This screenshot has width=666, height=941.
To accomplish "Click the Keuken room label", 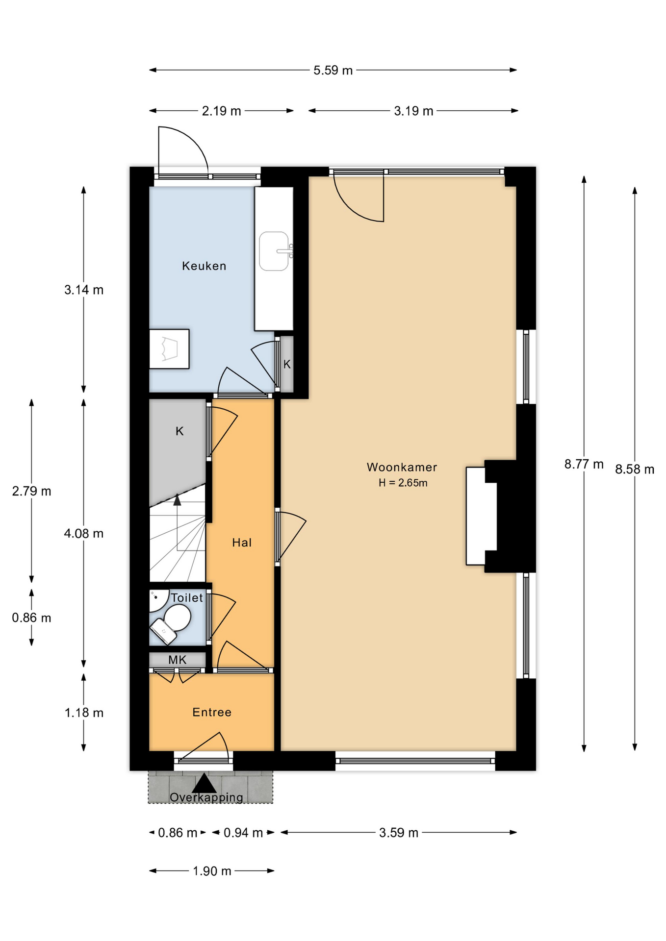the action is click(x=204, y=266).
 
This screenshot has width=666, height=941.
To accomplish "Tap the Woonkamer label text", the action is click(x=402, y=467).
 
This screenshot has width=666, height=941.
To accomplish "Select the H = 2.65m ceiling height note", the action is click(x=403, y=483).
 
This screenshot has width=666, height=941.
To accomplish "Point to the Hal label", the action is click(x=242, y=543).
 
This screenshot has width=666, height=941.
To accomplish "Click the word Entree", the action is click(x=212, y=712).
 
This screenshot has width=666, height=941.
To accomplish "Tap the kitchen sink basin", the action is click(x=274, y=251).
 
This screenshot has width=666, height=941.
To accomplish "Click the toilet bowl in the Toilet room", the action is click(x=177, y=618).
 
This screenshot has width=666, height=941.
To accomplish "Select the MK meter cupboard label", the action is click(x=177, y=660).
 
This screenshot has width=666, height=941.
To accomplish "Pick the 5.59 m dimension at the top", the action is click(x=333, y=70).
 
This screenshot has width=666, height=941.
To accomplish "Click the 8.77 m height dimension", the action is click(x=584, y=464).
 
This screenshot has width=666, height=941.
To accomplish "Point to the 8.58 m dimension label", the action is click(x=635, y=470).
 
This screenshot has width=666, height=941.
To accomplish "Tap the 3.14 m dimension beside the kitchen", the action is click(x=84, y=290).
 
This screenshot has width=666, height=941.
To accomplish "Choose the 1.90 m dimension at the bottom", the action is click(x=212, y=871).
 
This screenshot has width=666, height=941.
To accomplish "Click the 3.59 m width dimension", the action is click(x=399, y=833).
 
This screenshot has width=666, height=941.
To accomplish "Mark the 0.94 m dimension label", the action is click(x=243, y=833).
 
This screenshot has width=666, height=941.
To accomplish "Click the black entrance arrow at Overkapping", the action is click(x=204, y=783).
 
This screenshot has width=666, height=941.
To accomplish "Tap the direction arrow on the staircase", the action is click(x=177, y=500).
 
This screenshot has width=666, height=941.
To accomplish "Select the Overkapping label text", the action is click(x=206, y=797).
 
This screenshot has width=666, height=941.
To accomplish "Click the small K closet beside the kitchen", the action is click(x=287, y=364).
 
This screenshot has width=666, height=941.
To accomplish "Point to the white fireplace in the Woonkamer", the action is click(x=481, y=516).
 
